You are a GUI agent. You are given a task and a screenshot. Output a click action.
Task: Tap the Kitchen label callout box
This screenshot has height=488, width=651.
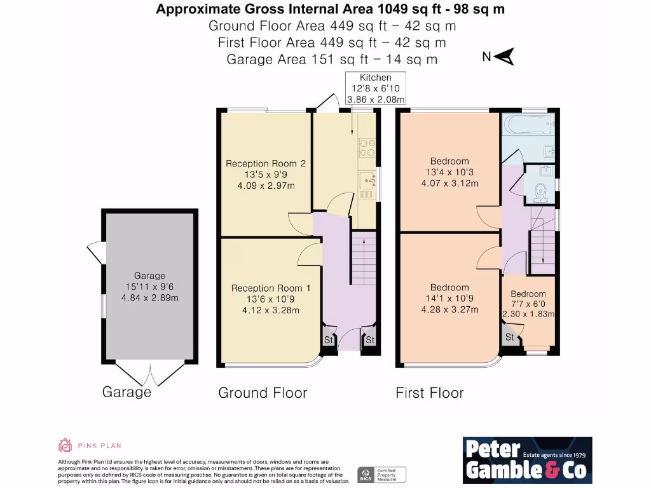click(375, 88)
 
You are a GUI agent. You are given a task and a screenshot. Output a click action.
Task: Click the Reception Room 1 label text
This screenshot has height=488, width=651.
click(270, 299)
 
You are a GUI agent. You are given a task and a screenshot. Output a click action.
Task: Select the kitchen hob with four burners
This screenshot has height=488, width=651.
click(367, 148)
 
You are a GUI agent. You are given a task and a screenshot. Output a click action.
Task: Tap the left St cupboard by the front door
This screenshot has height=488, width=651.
click(329, 340)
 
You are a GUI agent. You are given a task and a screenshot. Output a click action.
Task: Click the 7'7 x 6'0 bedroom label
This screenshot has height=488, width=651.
click(528, 303)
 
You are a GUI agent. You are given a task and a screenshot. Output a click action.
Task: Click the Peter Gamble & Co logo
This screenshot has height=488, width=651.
click(526, 459)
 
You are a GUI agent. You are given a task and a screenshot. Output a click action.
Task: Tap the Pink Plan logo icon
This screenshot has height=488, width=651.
click(65, 445)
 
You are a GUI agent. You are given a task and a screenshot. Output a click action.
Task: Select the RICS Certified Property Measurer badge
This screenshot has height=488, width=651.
click(381, 474)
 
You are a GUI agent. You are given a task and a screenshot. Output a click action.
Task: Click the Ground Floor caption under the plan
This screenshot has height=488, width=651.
click(263, 393)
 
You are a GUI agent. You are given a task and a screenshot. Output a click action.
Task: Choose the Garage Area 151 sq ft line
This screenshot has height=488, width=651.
click(332, 59)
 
